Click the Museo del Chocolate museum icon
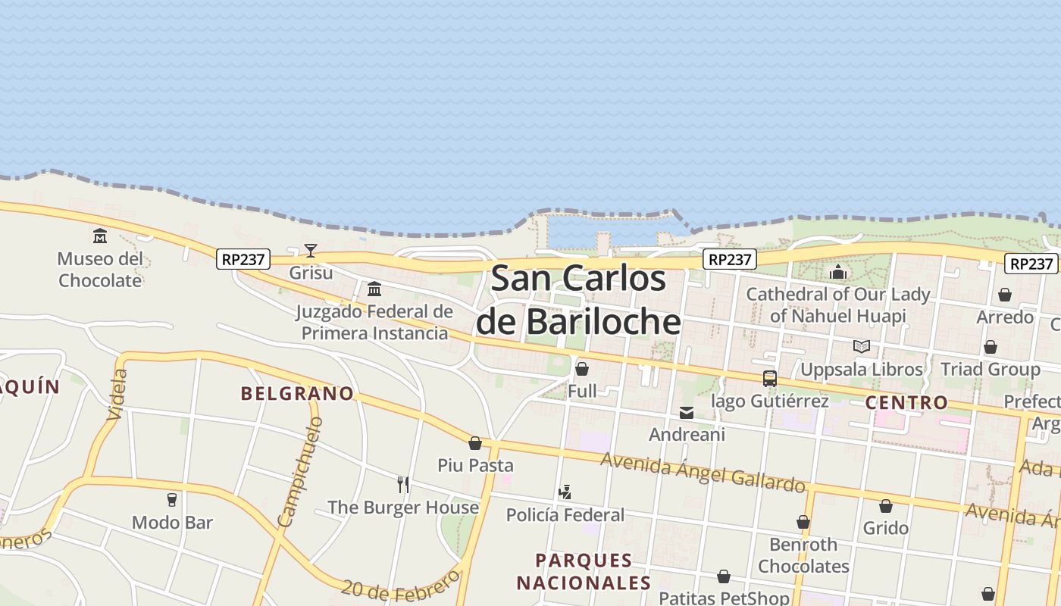point(100,236)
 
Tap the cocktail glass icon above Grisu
point(311,251)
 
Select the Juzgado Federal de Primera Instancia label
point(374,322)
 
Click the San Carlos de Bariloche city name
point(579,300)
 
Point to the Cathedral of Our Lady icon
point(838,272)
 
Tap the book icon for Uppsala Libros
point(862,347)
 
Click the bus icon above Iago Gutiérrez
point(770,379)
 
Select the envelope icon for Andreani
point(687,413)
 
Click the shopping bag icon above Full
point(582,370)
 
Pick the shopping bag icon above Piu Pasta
point(475,444)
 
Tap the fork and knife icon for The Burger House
point(403,485)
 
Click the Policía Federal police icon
point(565,493)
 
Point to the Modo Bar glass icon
point(172,500)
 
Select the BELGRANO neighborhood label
point(297,393)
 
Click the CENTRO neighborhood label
point(906,402)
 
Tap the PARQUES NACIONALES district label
point(584,571)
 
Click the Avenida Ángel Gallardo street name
point(703,471)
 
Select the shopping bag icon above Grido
point(886,506)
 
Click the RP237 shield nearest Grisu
point(243,259)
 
